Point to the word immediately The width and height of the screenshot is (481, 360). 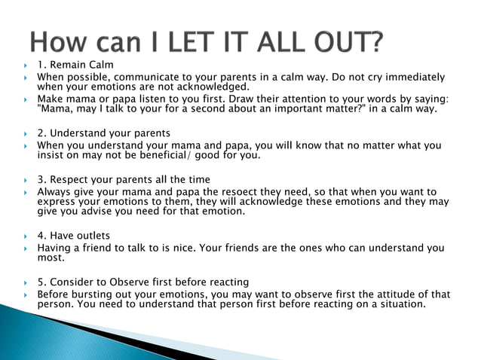410,77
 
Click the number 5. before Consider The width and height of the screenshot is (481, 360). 42,282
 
